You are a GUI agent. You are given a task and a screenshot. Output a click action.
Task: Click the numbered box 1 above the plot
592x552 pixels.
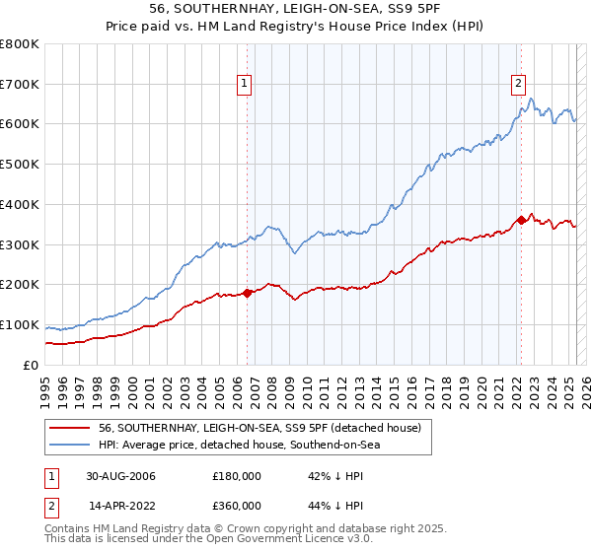tap(244, 84)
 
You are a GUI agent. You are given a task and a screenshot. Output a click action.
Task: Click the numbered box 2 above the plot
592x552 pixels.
tap(518, 84)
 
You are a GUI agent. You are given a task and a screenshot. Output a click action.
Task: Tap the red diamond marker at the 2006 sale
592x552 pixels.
tap(248, 292)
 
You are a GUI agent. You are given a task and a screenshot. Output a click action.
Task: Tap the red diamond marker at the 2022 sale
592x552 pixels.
tap(520, 220)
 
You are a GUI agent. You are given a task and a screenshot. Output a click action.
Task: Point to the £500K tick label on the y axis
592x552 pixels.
tap(20, 165)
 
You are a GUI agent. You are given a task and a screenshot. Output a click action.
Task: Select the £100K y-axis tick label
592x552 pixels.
tap(20, 325)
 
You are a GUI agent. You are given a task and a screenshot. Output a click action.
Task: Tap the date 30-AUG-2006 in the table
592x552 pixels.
tap(121, 476)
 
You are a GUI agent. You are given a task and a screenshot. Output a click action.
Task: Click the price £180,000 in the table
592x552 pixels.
tap(237, 476)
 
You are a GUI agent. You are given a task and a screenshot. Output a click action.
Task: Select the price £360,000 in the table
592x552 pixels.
tap(237, 505)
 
